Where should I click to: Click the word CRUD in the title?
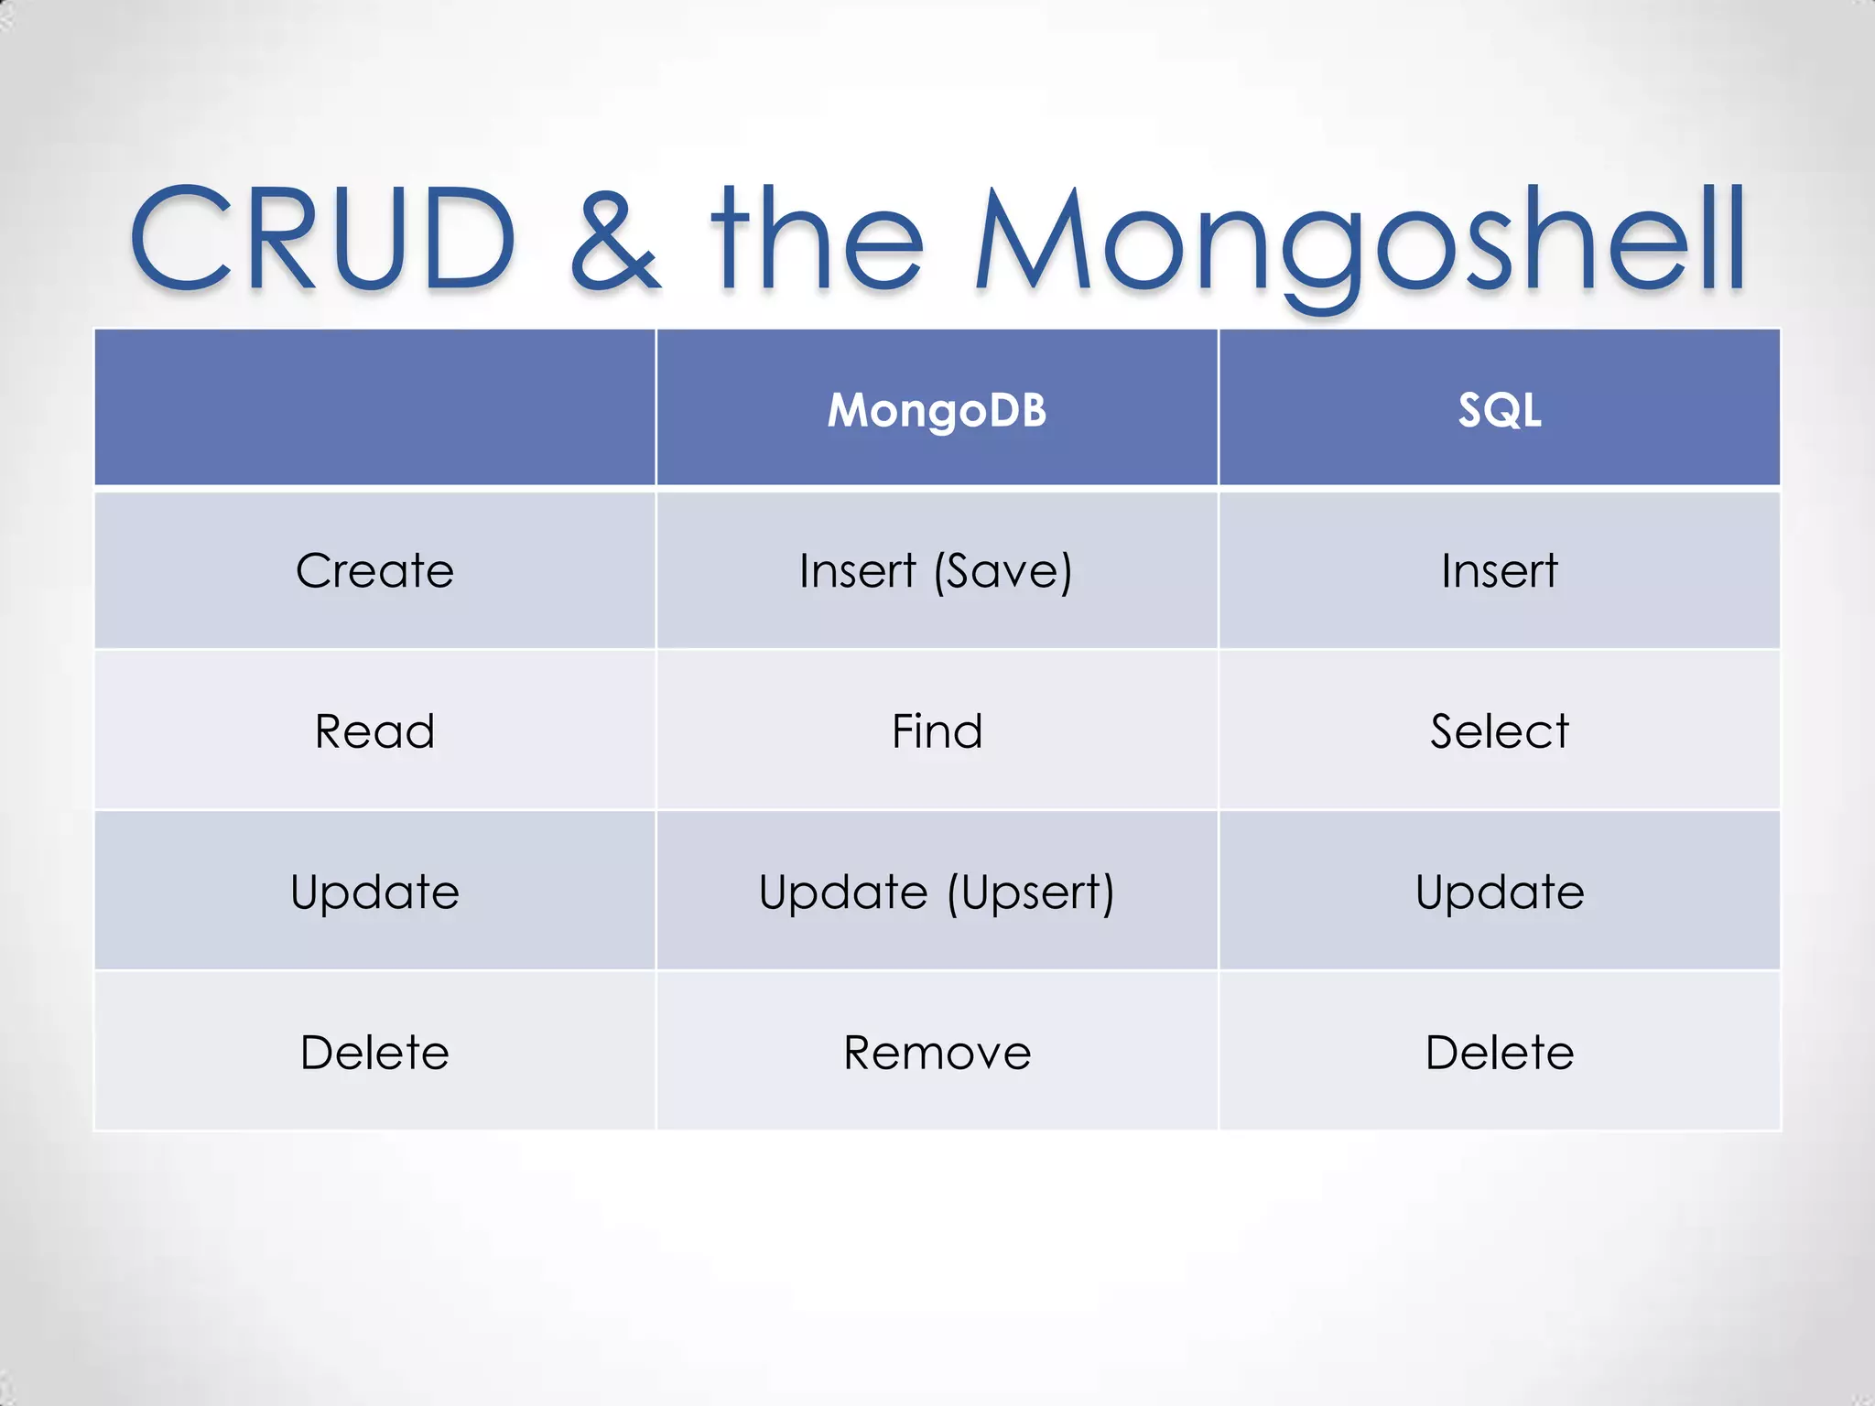pos(322,240)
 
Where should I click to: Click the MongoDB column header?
pos(937,409)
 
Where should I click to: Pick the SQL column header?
pos(1499,409)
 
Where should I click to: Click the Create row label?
pos(374,571)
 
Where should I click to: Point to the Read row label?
pos(374,731)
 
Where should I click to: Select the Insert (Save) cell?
pos(936,571)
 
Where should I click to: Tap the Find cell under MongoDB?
pos(937,731)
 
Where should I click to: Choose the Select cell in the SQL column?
pos(1499,731)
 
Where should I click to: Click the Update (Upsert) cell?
pos(937,892)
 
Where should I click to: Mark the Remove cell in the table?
pos(937,1053)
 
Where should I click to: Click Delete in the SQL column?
pos(1499,1053)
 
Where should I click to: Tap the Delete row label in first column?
pos(374,1053)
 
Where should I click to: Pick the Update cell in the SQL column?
pos(1499,892)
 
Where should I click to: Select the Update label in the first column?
pos(374,892)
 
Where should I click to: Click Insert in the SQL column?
pos(1499,571)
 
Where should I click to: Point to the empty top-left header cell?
pos(374,407)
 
